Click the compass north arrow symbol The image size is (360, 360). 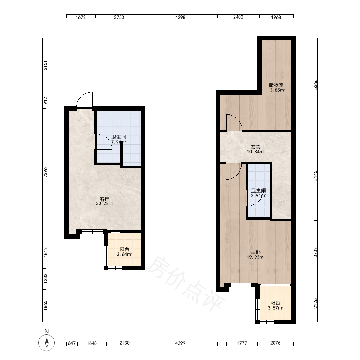coord(46,343)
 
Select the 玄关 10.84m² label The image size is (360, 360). coord(256,149)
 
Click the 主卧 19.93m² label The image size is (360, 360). coord(256,255)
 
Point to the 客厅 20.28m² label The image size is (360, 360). coord(105,201)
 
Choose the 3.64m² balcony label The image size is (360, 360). coord(125,252)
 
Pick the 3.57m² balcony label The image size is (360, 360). coord(275,305)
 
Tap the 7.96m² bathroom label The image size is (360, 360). coord(119,139)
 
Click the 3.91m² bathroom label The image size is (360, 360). coord(258,193)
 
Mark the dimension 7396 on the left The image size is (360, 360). coord(45,172)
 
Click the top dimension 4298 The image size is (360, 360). coord(180,17)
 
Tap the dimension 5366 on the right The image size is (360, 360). coord(315,85)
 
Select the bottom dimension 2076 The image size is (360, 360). coord(275,343)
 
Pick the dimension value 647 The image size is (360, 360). coord(72,343)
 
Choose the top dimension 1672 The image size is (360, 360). coord(81,17)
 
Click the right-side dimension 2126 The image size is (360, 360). coord(315,303)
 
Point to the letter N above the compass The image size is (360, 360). coord(46,331)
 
